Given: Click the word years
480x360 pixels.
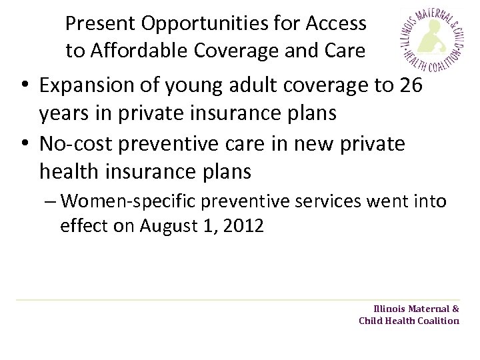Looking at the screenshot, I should [x=64, y=115].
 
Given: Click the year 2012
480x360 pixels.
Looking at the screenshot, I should [x=245, y=226].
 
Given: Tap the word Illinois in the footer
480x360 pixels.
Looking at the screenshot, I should [x=390, y=309].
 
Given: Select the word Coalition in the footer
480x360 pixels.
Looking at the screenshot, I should [x=437, y=321].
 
